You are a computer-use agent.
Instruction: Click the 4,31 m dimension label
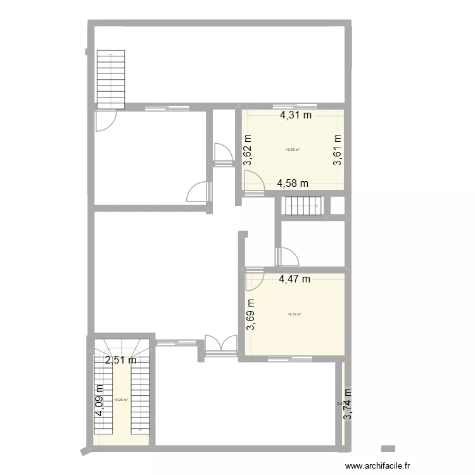point(296,115)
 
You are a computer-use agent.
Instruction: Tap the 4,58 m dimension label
point(293,184)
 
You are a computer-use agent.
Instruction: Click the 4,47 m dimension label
point(294,278)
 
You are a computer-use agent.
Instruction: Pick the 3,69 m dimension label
point(250,315)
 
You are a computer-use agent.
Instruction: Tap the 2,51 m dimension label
point(121,360)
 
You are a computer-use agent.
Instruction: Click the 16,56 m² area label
point(293,150)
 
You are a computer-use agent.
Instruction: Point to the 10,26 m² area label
point(120,400)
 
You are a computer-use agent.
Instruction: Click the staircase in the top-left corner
point(111,79)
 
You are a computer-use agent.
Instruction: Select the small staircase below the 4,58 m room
point(303,206)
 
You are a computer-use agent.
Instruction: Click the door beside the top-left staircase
point(105,120)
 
